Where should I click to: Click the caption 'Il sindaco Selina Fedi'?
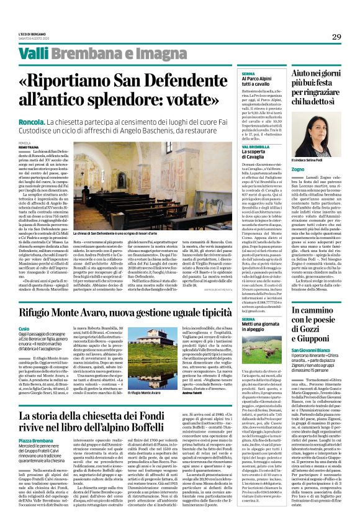pos(307,160)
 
